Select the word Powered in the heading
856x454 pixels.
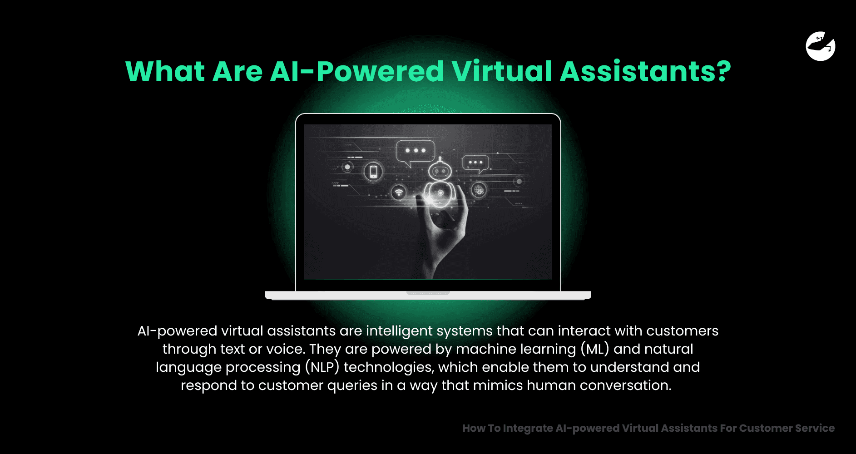coord(380,72)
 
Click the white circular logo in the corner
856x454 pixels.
coord(821,46)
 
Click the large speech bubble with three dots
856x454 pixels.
coord(415,151)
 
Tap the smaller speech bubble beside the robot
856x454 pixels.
coord(475,163)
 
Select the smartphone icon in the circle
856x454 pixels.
coord(373,172)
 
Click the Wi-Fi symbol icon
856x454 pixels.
coord(399,192)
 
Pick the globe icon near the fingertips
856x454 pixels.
coord(479,189)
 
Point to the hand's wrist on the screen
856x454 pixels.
coord(429,263)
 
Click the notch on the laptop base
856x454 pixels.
coord(428,293)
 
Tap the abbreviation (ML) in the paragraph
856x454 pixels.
coord(594,349)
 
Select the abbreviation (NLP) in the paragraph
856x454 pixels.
coord(322,367)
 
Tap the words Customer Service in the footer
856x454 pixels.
coord(787,428)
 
